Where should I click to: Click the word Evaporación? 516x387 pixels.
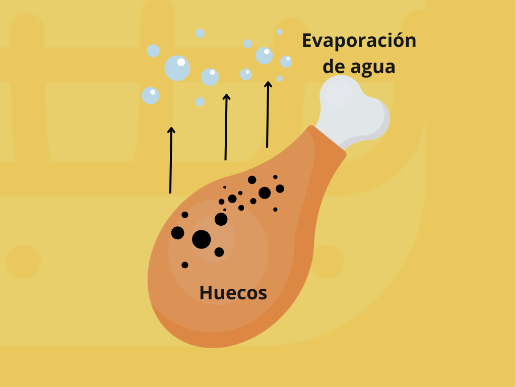point(359,41)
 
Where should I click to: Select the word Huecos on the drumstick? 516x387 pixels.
point(233,293)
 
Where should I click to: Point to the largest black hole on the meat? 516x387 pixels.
point(202,239)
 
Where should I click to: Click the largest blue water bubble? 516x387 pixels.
point(177,68)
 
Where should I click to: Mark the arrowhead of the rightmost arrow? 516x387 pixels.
point(268,84)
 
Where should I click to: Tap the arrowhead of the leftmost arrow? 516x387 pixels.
point(171,130)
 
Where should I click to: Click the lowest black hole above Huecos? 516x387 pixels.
point(185,265)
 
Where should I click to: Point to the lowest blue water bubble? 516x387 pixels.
point(200,102)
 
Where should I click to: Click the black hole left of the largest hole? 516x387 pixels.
point(177,233)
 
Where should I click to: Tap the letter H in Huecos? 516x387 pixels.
point(205,293)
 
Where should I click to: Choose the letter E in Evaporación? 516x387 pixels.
point(307,41)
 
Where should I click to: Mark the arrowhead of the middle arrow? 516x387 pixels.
point(227,97)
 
